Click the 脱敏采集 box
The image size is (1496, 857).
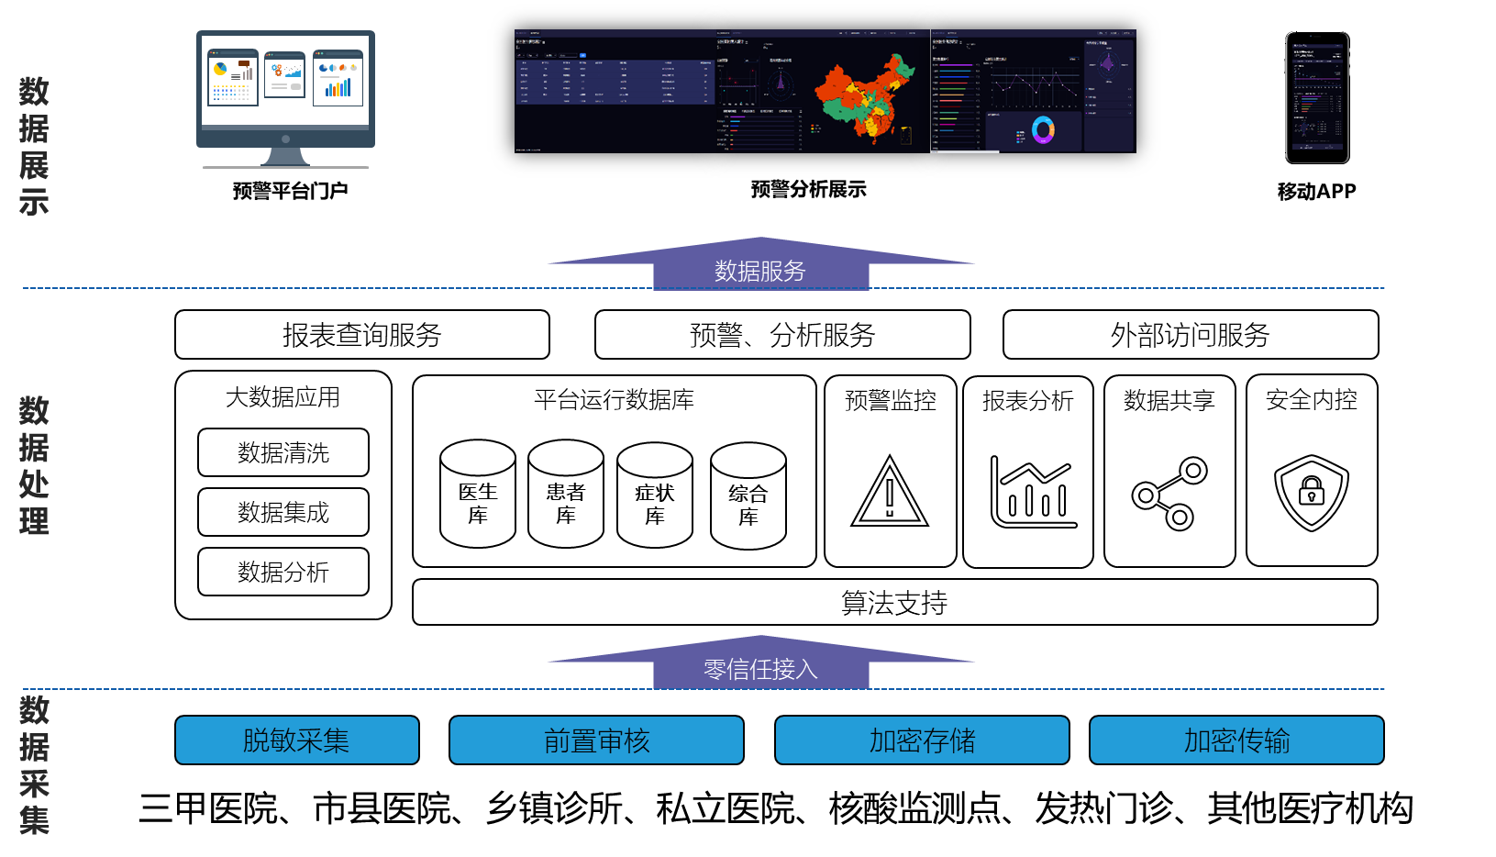(296, 740)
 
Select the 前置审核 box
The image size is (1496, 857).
(596, 740)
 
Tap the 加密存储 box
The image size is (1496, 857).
(922, 740)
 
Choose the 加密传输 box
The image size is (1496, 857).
(1236, 740)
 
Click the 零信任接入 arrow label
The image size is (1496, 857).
(760, 669)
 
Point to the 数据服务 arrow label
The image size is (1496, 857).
(760, 271)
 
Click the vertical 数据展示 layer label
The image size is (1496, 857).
(34, 147)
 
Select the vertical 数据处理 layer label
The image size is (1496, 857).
(34, 465)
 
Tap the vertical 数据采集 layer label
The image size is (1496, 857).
(34, 765)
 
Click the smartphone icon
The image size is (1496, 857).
(1317, 97)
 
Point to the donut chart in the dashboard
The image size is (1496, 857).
(1043, 130)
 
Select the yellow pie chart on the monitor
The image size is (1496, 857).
(220, 69)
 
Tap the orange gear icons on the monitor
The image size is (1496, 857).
(276, 70)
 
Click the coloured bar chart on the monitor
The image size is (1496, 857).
(338, 88)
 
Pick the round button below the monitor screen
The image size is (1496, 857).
(286, 139)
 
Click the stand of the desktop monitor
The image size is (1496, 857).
(285, 158)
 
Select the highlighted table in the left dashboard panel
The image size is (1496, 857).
(615, 83)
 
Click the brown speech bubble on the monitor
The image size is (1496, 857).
(244, 63)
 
